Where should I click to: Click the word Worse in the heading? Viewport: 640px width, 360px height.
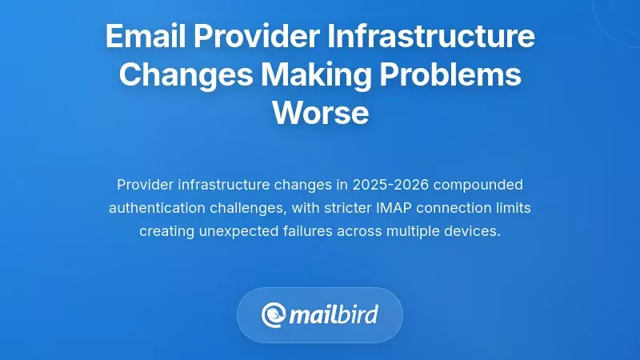(x=320, y=113)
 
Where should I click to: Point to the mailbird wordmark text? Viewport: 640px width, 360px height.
(x=334, y=314)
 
